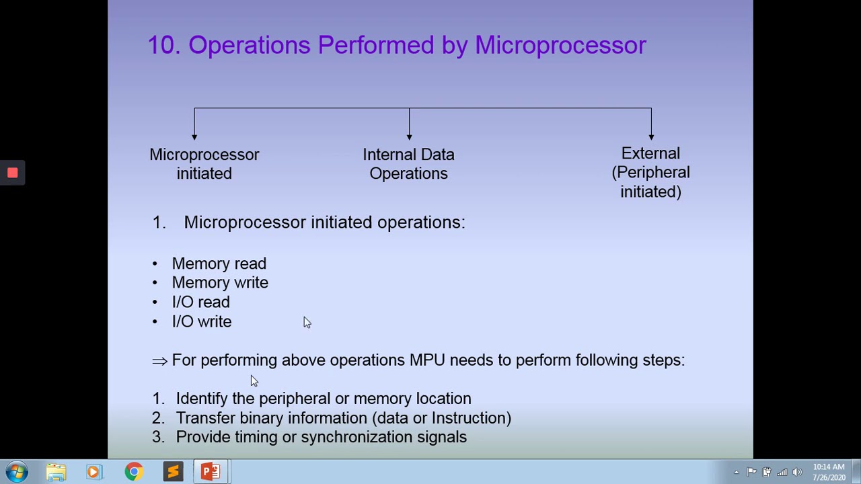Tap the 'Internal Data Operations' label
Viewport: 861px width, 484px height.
coord(408,164)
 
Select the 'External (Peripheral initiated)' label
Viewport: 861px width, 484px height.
coord(650,173)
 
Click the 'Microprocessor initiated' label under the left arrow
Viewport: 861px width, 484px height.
coord(204,164)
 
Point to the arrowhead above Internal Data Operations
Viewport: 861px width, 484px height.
coord(409,136)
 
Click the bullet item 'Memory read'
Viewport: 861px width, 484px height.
coord(219,264)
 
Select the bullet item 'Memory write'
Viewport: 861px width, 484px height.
coord(219,283)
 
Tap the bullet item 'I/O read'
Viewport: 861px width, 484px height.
coord(200,302)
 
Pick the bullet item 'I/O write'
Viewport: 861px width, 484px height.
coord(201,322)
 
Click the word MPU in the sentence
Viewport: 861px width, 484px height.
coord(427,360)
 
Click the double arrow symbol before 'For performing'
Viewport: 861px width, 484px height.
coord(159,361)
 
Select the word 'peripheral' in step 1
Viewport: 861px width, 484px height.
coord(295,399)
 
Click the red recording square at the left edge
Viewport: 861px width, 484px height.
coord(12,173)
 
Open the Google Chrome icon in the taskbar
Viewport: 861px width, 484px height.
coord(134,472)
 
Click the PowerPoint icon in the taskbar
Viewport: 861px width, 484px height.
coord(211,472)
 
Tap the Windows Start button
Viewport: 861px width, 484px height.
coord(17,472)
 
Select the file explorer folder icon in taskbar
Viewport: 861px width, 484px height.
coord(56,472)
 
